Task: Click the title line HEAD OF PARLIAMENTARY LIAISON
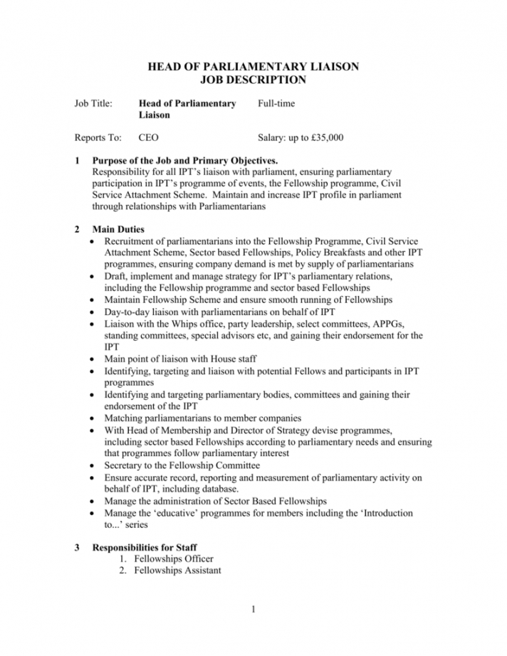(x=253, y=67)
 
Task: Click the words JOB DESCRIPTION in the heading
(x=253, y=79)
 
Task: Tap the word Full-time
(x=276, y=103)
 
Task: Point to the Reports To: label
(x=98, y=138)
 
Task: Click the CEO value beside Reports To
(x=148, y=138)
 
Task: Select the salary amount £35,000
(x=324, y=138)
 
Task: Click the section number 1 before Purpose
(x=77, y=161)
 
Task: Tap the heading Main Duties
(x=118, y=230)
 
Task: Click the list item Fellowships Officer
(x=174, y=559)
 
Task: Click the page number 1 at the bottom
(x=253, y=610)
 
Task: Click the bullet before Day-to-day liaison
(x=95, y=312)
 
